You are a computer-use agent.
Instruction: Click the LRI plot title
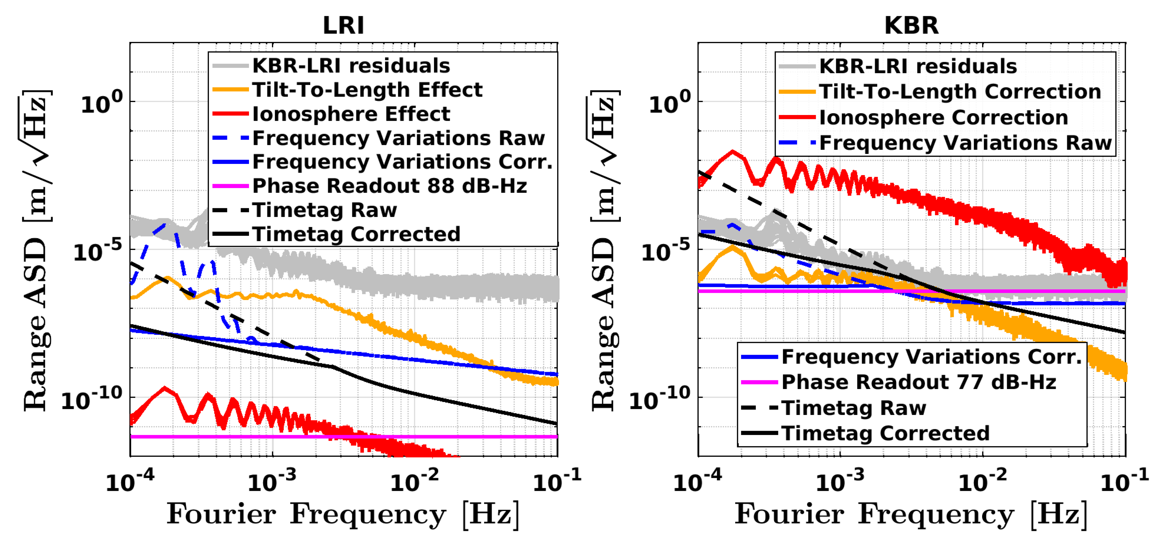click(343, 25)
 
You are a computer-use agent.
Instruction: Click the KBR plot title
click(911, 25)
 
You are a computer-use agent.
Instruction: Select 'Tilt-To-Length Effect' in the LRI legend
click(367, 90)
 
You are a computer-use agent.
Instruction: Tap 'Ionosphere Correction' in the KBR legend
click(943, 117)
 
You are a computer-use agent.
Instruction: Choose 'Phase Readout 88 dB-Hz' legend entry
click(389, 186)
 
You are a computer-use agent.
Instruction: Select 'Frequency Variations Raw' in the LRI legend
click(398, 138)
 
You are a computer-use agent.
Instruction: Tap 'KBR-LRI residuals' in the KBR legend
click(918, 66)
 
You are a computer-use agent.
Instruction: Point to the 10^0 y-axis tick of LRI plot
click(101, 104)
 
